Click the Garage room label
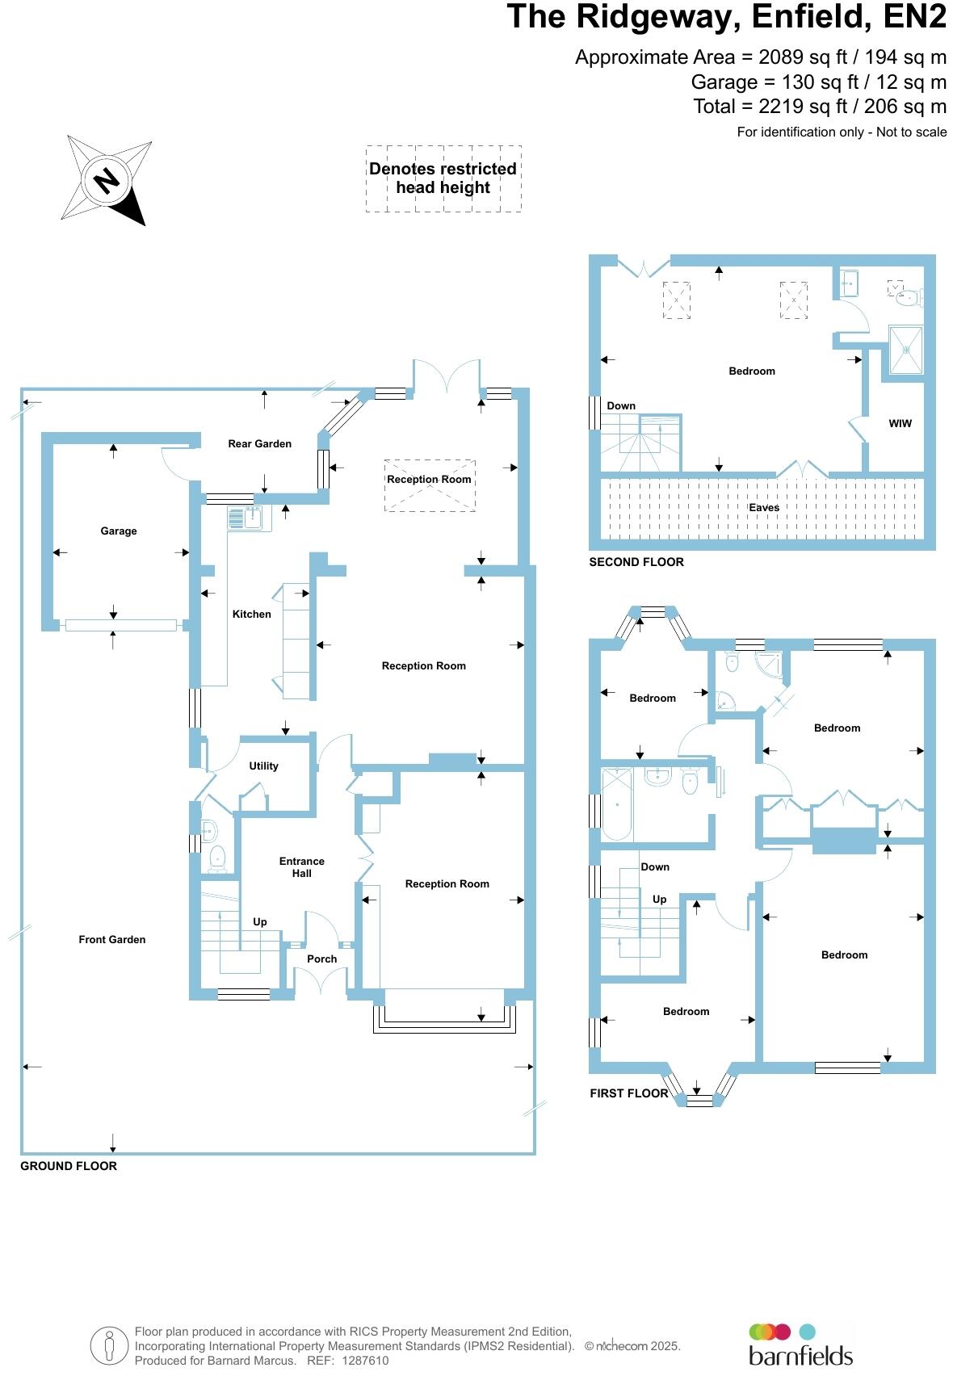click(x=118, y=531)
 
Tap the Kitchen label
click(x=251, y=615)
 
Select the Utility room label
click(x=263, y=766)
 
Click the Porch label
click(x=321, y=959)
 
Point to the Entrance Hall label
click(x=301, y=867)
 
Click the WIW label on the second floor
click(x=900, y=424)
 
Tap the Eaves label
click(x=763, y=508)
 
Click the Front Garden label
click(x=112, y=940)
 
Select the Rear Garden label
click(x=259, y=444)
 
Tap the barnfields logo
click(x=800, y=1344)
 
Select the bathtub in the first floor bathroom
click(x=617, y=804)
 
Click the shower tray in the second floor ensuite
click(x=905, y=350)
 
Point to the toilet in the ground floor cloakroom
click(x=216, y=858)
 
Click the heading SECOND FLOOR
click(x=636, y=563)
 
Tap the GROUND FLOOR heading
click(x=69, y=1167)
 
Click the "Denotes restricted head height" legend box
click(x=443, y=178)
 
